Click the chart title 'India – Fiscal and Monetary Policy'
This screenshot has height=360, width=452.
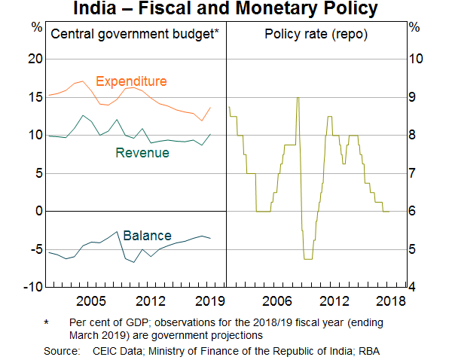click(x=226, y=10)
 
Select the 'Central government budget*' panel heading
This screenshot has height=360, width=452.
click(x=134, y=33)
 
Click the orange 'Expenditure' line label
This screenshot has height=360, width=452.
click(x=131, y=81)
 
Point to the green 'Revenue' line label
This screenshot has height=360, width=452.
click(x=142, y=153)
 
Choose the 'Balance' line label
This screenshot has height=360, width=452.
click(x=147, y=236)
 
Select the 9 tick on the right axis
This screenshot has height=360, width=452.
click(x=414, y=97)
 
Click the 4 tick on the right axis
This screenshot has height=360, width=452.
click(x=414, y=287)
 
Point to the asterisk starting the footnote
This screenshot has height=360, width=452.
click(x=47, y=322)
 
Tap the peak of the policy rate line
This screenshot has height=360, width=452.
click(x=298, y=97)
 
